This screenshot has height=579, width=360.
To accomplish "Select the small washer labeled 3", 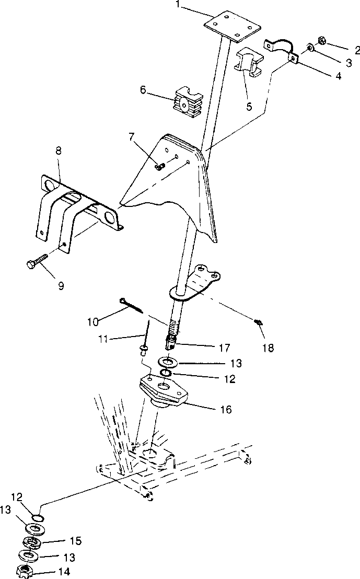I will click(310, 49).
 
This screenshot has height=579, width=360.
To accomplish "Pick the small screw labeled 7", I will click(160, 166).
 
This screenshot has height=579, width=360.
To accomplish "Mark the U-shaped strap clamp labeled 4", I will click(282, 49).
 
